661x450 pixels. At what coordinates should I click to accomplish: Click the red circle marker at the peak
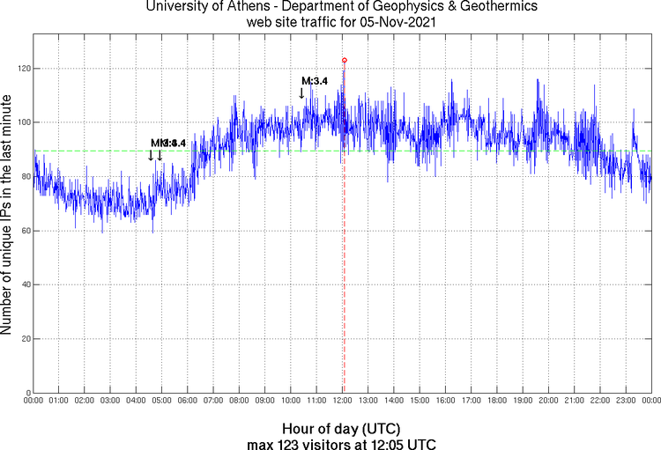(344, 60)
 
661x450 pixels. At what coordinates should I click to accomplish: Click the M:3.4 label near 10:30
(315, 81)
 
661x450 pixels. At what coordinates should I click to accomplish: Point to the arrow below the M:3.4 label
(301, 92)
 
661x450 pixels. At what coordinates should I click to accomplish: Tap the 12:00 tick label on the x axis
(343, 401)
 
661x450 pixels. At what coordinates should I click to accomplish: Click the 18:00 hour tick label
(497, 401)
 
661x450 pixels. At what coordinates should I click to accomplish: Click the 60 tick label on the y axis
(25, 231)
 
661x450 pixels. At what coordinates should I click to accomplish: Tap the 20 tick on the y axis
(25, 339)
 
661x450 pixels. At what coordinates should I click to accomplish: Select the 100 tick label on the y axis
(22, 122)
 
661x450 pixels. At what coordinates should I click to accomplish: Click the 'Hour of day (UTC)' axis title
(342, 428)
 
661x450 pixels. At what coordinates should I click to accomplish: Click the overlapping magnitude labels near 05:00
(168, 143)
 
